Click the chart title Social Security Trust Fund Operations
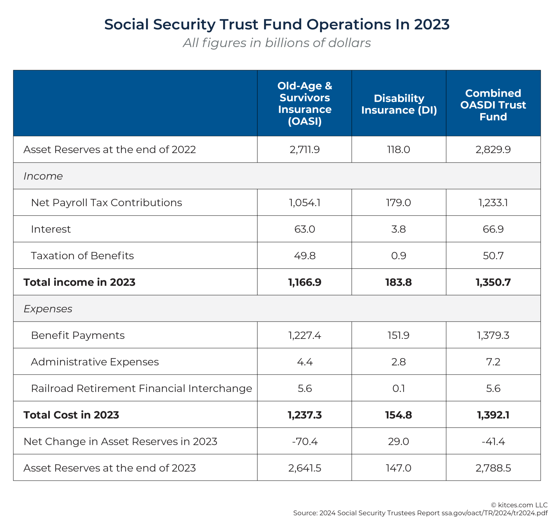(277, 24)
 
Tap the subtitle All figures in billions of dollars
(277, 43)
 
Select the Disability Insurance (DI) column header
(399, 104)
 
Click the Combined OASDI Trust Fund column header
(493, 105)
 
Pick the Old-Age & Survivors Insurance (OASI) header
(305, 103)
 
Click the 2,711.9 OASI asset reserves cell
(305, 149)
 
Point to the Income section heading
(43, 176)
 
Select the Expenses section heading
(48, 309)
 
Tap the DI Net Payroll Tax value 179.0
(398, 202)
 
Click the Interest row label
(51, 229)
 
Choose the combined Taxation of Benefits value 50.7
(493, 255)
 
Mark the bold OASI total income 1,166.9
(305, 282)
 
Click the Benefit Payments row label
(78, 335)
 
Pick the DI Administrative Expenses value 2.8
(398, 362)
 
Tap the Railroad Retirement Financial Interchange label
(141, 388)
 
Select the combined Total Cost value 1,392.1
(493, 415)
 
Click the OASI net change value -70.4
(305, 441)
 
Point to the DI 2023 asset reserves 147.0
(398, 468)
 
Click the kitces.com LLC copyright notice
(519, 505)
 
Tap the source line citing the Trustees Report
(420, 513)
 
